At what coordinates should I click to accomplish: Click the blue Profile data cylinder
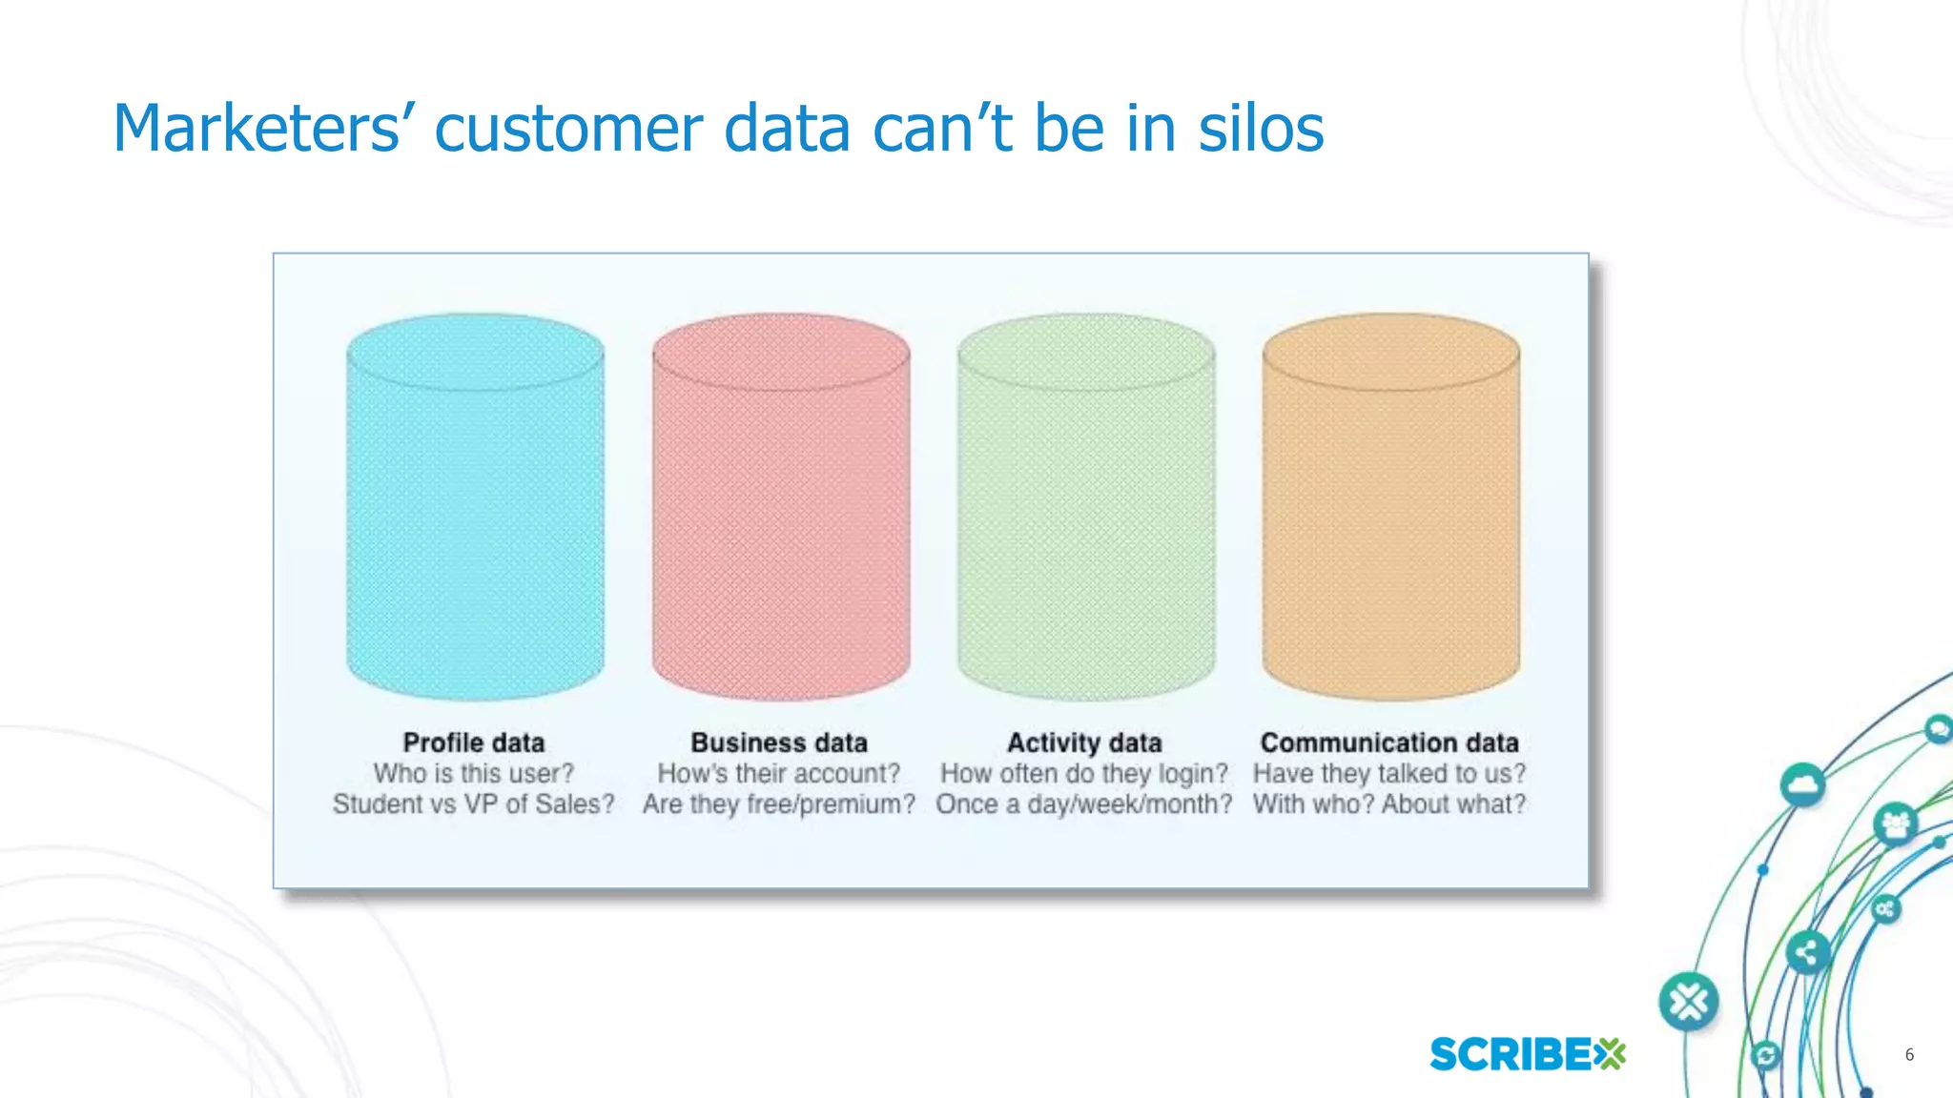pos(475,507)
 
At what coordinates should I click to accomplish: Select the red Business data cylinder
pos(780,507)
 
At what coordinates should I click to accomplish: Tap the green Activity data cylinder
pos(1085,507)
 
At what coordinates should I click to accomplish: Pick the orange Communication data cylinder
pos(1390,507)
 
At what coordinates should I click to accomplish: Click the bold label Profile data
pos(473,742)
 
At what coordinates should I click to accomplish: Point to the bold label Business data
pos(779,742)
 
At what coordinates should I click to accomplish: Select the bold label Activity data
pos(1084,742)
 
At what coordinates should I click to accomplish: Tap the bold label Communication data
pos(1389,742)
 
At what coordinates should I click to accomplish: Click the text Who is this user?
pos(473,773)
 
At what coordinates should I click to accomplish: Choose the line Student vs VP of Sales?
pos(473,804)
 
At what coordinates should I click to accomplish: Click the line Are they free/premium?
pos(779,804)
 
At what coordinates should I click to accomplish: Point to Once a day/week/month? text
pos(1084,804)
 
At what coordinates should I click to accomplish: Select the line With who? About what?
pos(1389,804)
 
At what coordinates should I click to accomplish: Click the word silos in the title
pos(1261,129)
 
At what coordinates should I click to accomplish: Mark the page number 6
pos(1909,1054)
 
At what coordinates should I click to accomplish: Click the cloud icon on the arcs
pos(1802,785)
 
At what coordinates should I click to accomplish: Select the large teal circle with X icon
pos(1689,1002)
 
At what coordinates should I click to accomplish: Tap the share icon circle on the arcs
pos(1806,952)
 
